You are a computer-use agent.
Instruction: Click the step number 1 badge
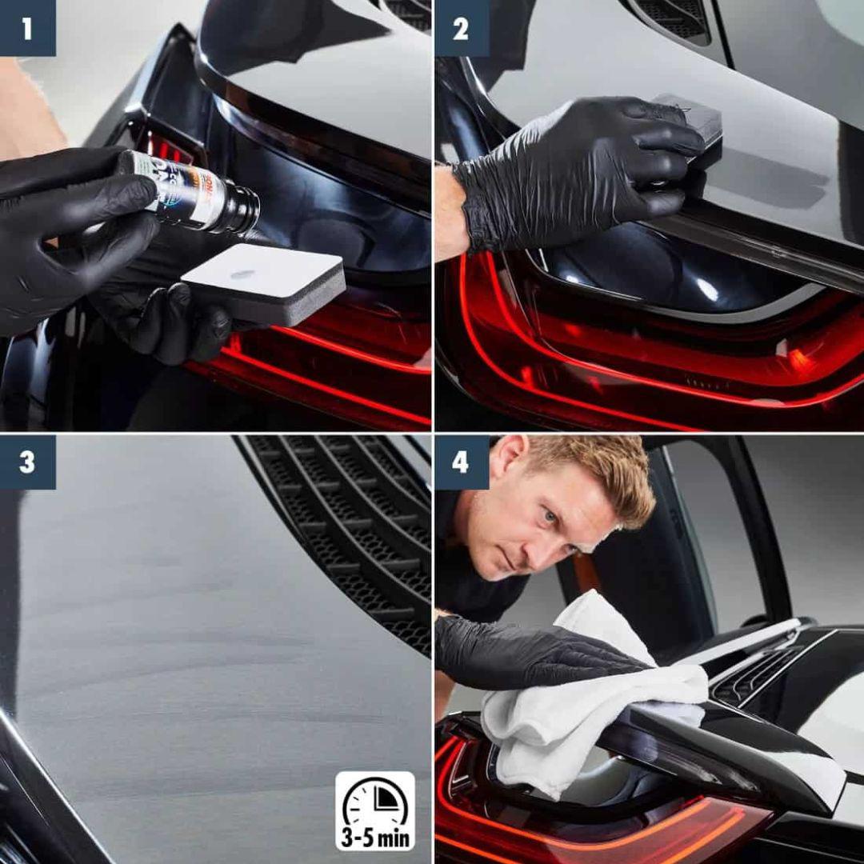27,28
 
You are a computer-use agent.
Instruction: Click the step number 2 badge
461,28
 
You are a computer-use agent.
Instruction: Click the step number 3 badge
27,462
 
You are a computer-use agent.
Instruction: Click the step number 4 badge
461,462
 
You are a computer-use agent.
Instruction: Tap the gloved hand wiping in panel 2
576,172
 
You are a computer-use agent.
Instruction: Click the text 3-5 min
375,839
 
